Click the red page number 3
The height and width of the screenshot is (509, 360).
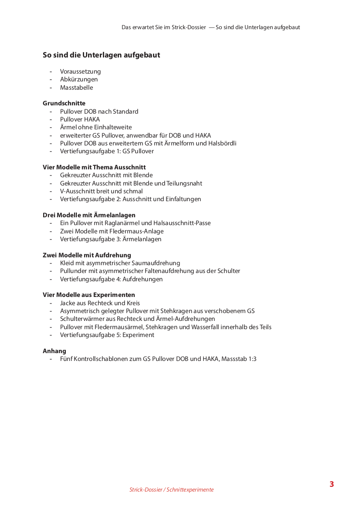(332, 484)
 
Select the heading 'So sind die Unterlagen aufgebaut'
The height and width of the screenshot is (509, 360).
(101, 55)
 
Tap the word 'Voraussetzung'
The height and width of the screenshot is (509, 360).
(81, 71)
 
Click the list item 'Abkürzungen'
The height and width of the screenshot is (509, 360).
(79, 79)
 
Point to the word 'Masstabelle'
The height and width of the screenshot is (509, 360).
(77, 88)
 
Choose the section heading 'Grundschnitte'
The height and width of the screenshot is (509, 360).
(64, 103)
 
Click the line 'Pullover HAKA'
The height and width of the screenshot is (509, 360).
(80, 119)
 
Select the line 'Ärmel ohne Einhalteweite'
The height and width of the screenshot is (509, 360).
(96, 127)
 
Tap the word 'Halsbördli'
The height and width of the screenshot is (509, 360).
(221, 143)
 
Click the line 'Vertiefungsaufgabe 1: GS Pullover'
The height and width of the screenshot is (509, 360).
(107, 151)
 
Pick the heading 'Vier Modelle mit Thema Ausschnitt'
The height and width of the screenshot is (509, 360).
(94, 167)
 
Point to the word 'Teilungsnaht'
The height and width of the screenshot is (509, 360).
(184, 183)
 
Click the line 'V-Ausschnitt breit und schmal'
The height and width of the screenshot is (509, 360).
(101, 191)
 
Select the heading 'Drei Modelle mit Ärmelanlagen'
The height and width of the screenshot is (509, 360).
(89, 215)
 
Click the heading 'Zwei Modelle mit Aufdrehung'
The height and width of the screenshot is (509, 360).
(87, 255)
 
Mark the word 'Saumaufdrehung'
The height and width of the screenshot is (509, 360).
(157, 263)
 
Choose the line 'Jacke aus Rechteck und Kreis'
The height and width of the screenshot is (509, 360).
(100, 303)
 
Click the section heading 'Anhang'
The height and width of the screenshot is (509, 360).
(54, 351)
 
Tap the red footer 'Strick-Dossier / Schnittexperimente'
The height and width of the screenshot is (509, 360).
(171, 490)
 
